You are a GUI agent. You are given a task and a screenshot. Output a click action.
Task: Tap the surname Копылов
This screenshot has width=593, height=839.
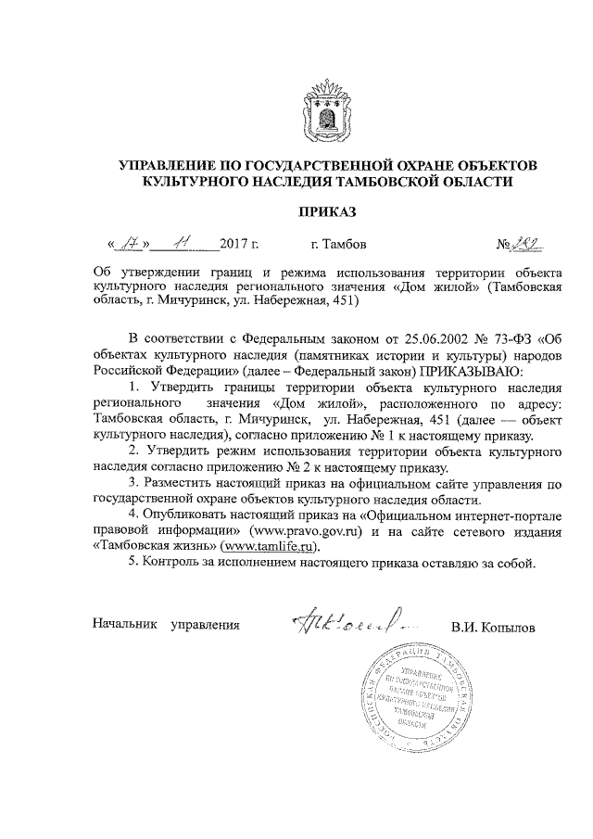(x=509, y=628)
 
